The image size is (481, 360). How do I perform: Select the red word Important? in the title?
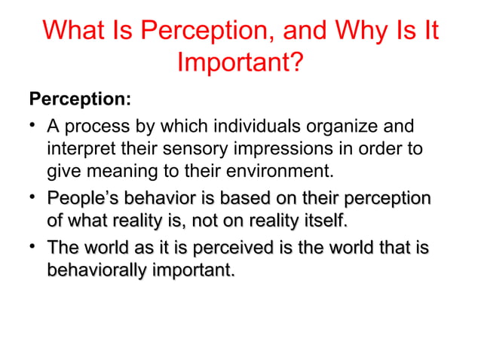click(240, 64)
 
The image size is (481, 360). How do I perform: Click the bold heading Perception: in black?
click(80, 99)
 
